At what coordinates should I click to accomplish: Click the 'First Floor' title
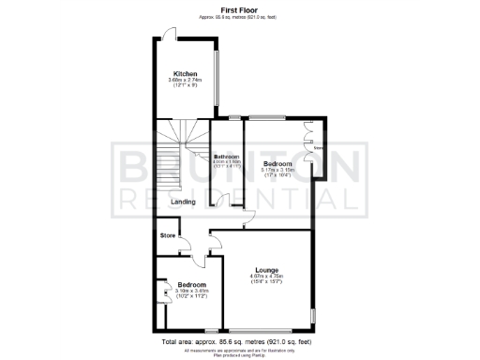(240, 9)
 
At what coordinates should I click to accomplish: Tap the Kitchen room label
(184, 74)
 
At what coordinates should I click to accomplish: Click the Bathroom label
(226, 157)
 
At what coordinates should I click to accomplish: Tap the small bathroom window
(231, 117)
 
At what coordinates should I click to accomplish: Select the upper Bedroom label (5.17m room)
(277, 163)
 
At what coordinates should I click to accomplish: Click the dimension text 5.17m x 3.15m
(277, 170)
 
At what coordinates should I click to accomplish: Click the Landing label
(183, 201)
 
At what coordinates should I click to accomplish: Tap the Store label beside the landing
(169, 234)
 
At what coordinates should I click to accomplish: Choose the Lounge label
(265, 271)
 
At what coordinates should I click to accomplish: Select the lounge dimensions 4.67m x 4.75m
(265, 277)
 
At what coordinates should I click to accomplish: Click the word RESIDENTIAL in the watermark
(234, 200)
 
